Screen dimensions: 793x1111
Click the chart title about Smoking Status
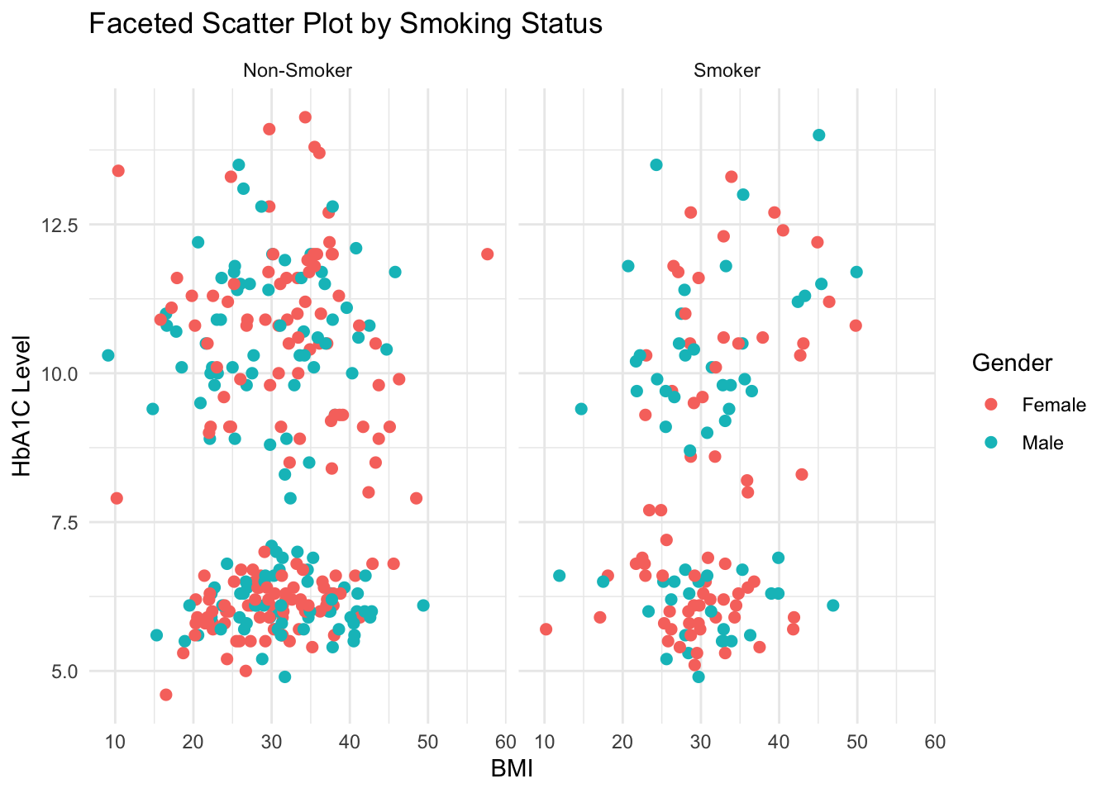pyautogui.click(x=346, y=24)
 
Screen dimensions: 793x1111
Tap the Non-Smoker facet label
pyautogui.click(x=298, y=71)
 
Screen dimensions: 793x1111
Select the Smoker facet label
pyautogui.click(x=727, y=71)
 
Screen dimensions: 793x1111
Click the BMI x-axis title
pyautogui.click(x=512, y=769)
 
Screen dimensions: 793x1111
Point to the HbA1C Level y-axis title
pyautogui.click(x=22, y=406)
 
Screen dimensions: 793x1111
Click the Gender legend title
pyautogui.click(x=1012, y=363)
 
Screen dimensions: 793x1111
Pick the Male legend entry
pyautogui.click(x=1042, y=443)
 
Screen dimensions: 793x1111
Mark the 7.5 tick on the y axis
pyautogui.click(x=63, y=523)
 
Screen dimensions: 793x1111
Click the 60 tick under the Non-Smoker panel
pyautogui.click(x=505, y=743)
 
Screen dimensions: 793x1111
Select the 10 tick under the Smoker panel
pyautogui.click(x=544, y=743)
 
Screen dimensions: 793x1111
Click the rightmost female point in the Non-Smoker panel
pyautogui.click(x=487, y=254)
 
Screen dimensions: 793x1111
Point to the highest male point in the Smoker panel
pyautogui.click(x=818, y=135)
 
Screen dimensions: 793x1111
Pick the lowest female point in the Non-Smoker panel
pyautogui.click(x=165, y=695)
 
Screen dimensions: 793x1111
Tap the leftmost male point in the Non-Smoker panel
pyautogui.click(x=107, y=355)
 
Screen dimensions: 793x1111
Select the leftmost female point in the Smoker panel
pyautogui.click(x=546, y=629)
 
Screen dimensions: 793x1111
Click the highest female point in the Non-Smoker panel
pyautogui.click(x=305, y=117)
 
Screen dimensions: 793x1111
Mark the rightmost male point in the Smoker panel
pyautogui.click(x=856, y=272)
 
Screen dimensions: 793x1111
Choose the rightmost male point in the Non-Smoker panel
pyautogui.click(x=423, y=605)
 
